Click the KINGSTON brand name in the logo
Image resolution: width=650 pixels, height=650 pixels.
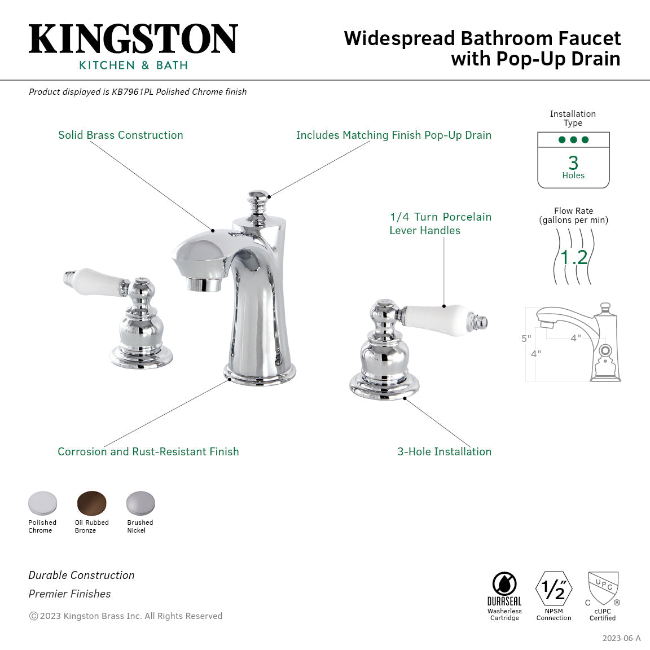pos(133,39)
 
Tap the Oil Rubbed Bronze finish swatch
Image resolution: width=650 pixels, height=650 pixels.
pos(92,503)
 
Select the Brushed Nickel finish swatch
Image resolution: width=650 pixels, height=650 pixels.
pos(140,503)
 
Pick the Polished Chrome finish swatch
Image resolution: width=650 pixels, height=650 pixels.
pos(43,503)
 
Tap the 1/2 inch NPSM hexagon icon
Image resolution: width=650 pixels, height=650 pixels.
pos(554,589)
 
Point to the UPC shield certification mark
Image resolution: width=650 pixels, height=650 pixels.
pos(603,587)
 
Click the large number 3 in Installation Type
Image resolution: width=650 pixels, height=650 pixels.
pos(573,162)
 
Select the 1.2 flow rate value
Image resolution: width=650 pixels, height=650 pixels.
pos(574,257)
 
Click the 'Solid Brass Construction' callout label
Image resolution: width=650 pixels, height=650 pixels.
pos(121,135)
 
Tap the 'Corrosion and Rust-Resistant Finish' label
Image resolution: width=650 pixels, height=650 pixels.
pos(148,451)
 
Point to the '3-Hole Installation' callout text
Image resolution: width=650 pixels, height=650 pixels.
pos(444,451)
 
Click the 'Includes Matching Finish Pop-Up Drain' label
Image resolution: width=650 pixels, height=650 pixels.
pos(393,135)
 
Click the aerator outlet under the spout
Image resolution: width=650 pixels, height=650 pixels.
pos(204,284)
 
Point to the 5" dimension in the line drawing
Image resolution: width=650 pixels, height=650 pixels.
pos(526,339)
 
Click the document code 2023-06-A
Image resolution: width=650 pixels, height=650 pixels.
pos(621,638)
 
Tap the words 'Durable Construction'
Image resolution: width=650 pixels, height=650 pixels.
pos(82,575)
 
